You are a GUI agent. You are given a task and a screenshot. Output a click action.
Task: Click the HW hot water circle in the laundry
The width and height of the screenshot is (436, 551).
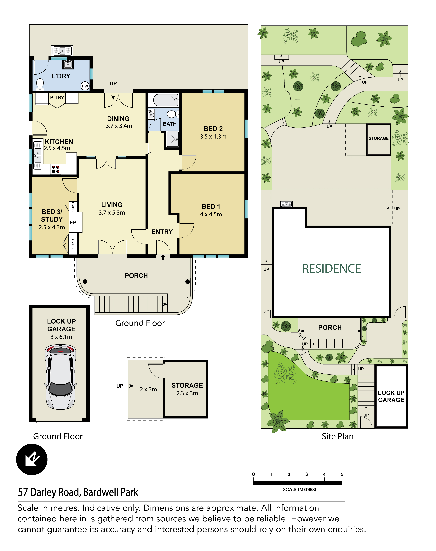coord(85,86)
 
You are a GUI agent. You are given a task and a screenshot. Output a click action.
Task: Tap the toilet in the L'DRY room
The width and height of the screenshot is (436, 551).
coord(40,84)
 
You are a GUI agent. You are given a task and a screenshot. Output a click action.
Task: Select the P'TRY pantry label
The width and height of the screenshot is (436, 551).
coord(57,98)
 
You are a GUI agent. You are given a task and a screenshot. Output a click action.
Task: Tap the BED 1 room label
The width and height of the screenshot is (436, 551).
coord(211,206)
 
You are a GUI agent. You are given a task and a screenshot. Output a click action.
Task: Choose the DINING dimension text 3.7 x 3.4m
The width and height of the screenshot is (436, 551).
coord(119,126)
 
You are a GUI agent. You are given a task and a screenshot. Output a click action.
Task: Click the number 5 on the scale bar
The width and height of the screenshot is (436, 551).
coord(342,474)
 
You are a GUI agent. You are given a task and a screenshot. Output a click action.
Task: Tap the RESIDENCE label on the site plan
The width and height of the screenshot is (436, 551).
coord(332,269)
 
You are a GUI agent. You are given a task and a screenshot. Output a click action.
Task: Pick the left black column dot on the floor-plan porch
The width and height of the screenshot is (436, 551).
coord(85,281)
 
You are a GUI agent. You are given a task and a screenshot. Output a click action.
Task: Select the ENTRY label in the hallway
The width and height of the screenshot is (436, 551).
coord(162,232)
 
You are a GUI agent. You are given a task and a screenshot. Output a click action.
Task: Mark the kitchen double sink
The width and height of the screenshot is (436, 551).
coord(37,155)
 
